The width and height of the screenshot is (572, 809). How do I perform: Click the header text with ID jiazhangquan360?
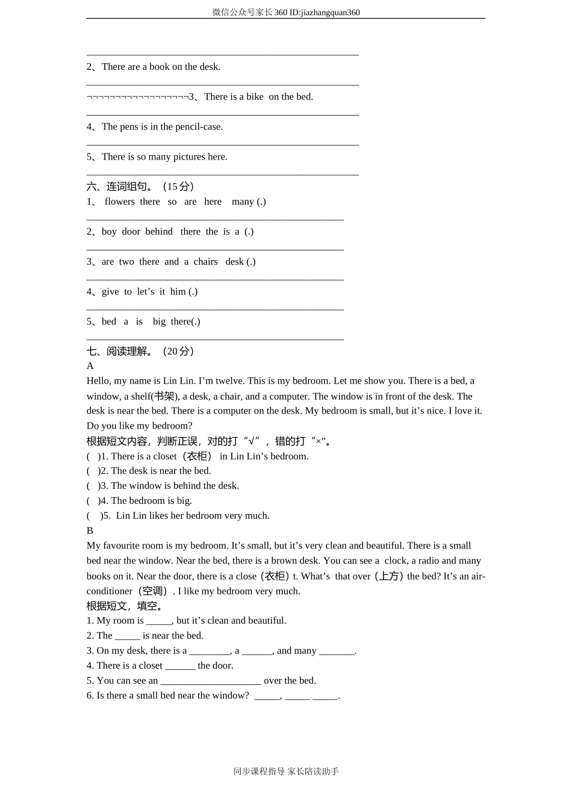click(x=286, y=12)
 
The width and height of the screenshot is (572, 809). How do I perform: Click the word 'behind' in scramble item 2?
click(x=159, y=232)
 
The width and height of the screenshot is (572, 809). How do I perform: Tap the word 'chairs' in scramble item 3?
click(x=205, y=262)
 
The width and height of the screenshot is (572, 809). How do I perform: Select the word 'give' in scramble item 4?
click(x=110, y=292)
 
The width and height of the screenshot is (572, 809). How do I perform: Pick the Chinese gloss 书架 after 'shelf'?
click(x=164, y=397)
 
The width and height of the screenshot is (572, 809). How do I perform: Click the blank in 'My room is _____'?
click(x=159, y=621)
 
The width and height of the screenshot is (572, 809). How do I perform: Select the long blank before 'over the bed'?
click(x=211, y=681)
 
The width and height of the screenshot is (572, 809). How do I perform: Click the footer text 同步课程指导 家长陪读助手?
click(x=286, y=772)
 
